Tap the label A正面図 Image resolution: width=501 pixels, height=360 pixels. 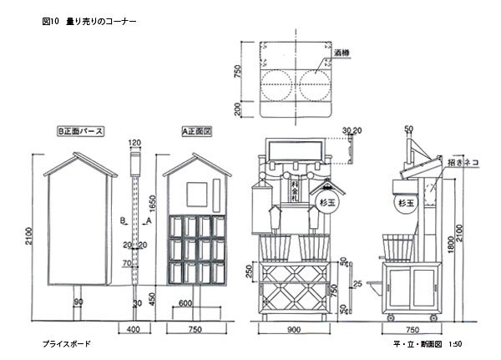(196, 131)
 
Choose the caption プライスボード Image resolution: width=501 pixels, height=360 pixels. (66, 343)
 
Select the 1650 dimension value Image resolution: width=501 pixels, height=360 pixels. (152, 204)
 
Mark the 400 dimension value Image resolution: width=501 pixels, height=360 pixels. (133, 332)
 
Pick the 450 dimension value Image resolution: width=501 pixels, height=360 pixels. (152, 297)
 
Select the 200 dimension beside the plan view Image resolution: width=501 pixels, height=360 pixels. (236, 109)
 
